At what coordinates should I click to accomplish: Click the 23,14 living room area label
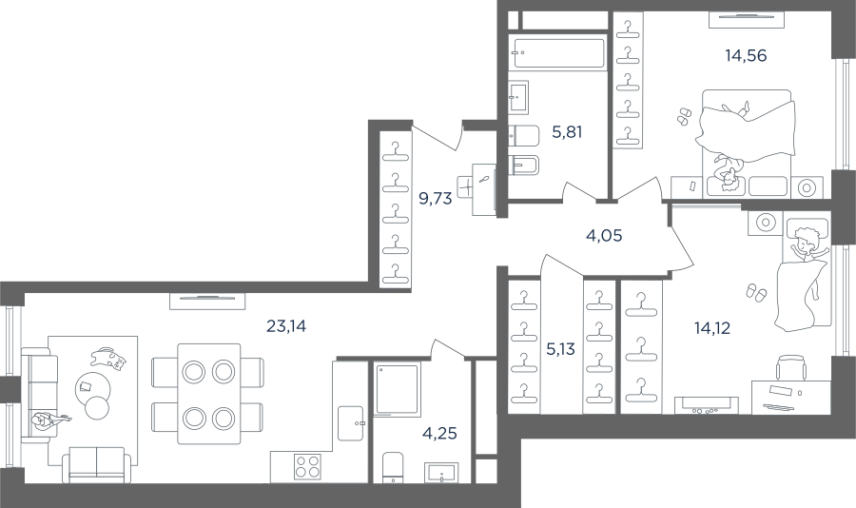pos(286,326)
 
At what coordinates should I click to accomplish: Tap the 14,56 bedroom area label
pos(746,55)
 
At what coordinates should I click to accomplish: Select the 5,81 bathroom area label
pos(567,131)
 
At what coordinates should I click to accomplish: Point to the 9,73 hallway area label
pos(435,198)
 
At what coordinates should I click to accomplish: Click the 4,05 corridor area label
pos(604,235)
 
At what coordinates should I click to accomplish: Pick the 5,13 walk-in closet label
pos(560,348)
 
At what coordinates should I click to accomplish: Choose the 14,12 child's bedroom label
pos(711,328)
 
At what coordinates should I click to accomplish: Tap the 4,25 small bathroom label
pos(439,433)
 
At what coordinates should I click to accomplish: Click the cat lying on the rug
pos(108,358)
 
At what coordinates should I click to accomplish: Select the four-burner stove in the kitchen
pos(307,467)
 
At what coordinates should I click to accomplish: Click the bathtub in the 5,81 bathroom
pos(558,52)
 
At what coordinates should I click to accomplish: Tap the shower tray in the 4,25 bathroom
pos(397,388)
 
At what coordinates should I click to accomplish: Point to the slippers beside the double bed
pos(684,115)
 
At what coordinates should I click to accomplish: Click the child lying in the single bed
pos(807,244)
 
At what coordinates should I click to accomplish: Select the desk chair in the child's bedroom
pos(791,367)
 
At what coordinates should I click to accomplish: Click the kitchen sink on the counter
pos(350,422)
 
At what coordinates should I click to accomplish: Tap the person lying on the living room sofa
pos(50,420)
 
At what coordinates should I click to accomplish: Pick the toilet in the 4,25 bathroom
pos(393,467)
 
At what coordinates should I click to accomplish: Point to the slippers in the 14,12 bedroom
pos(755,293)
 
